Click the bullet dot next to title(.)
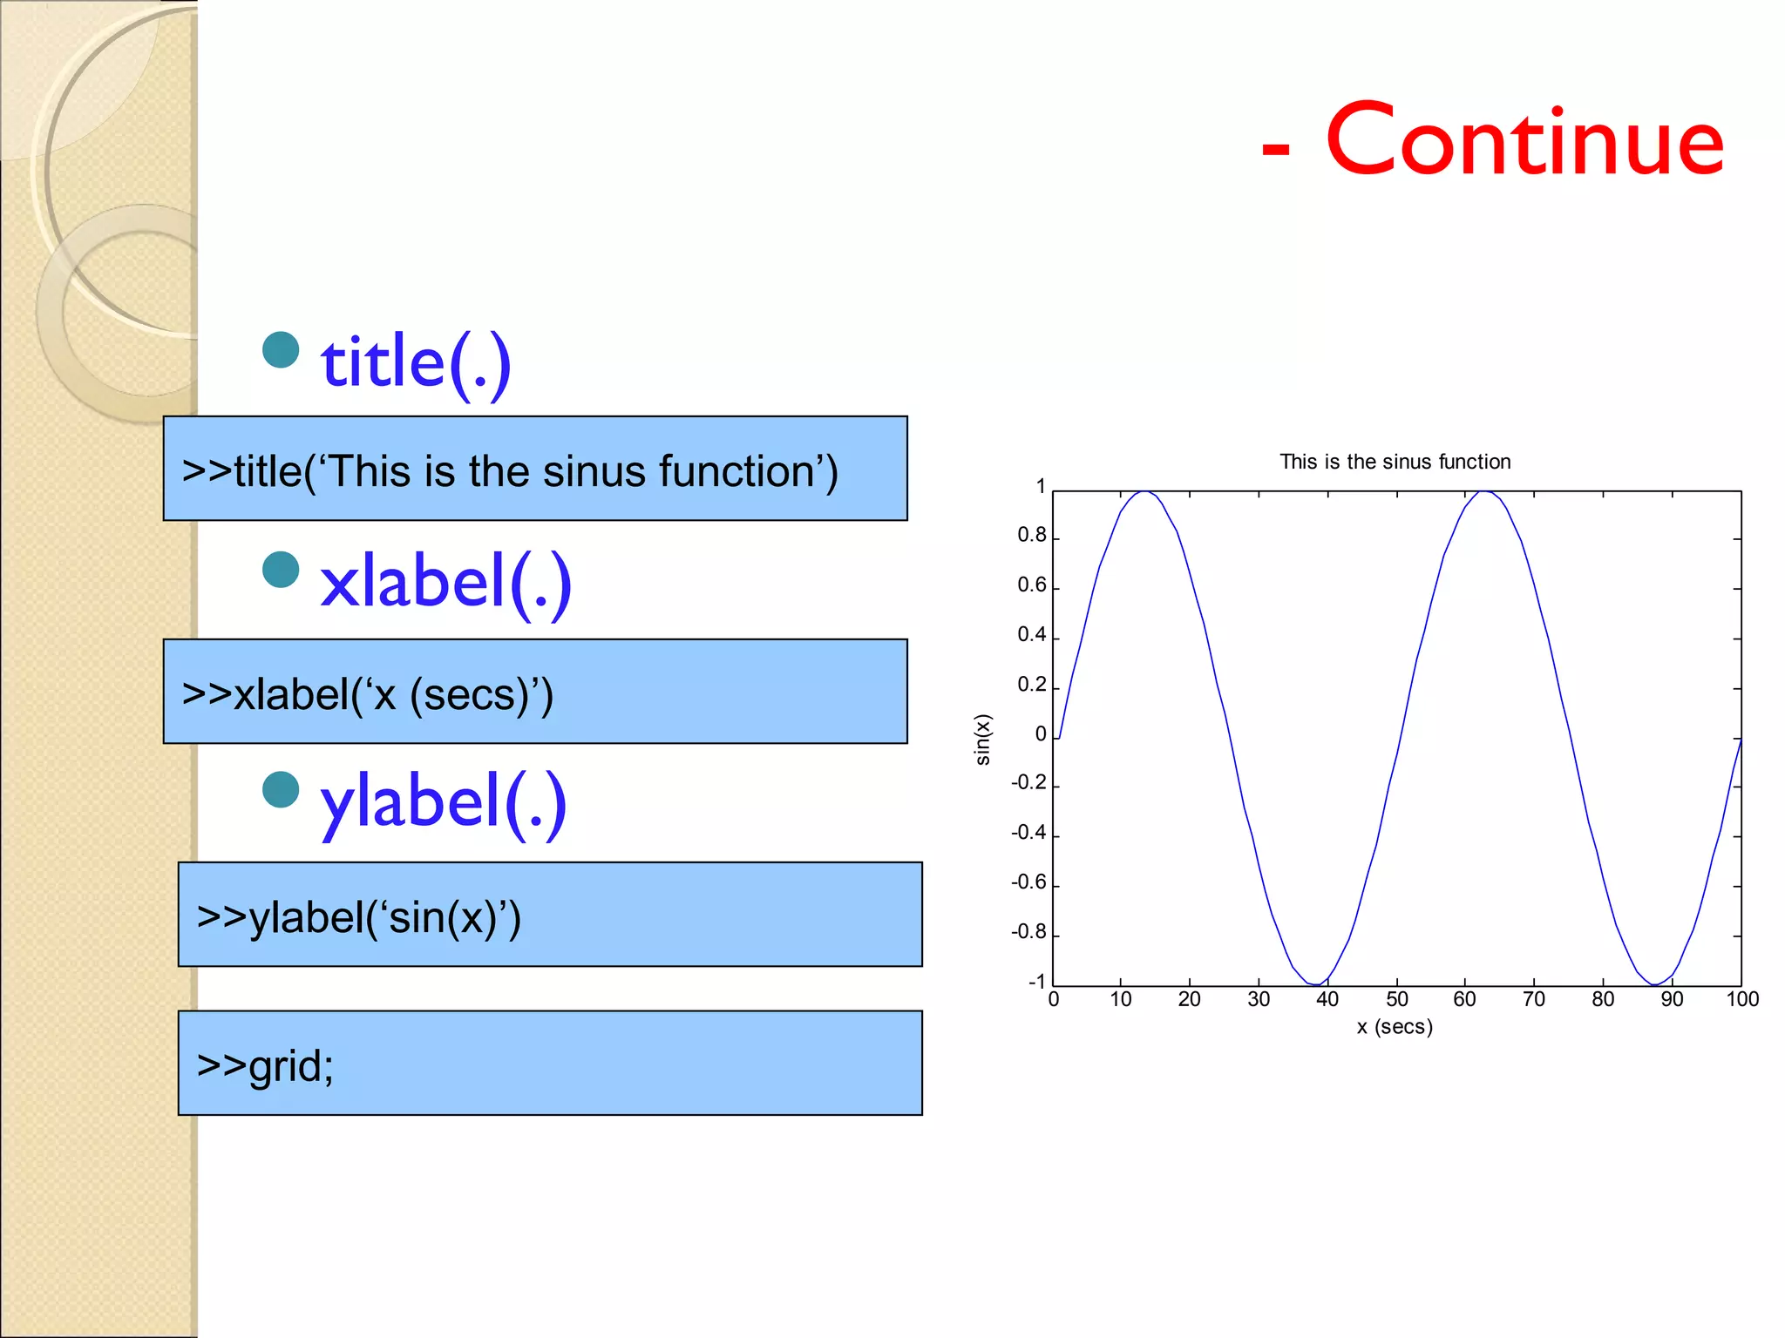click(281, 349)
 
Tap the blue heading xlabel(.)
click(445, 582)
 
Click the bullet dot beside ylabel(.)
click(281, 789)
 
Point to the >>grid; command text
click(265, 1065)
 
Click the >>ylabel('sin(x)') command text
click(358, 917)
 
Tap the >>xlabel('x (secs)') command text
click(367, 694)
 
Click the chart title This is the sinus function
click(1395, 462)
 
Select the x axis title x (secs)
click(1395, 1026)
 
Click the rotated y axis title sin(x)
click(983, 740)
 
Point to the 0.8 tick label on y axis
click(1031, 535)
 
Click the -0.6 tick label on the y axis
click(1028, 882)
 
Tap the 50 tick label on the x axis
click(1396, 999)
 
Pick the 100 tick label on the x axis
click(1742, 999)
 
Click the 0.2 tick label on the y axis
click(1031, 685)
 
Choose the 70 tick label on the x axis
click(1534, 999)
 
